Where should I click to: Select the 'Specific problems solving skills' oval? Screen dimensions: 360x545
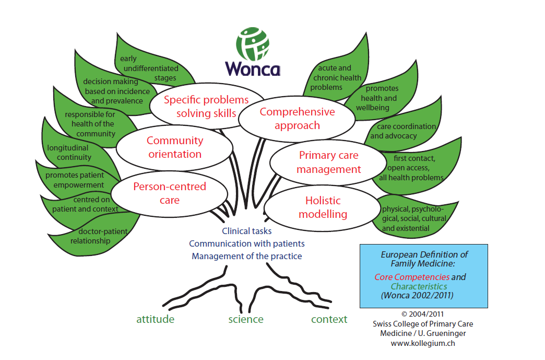coord(206,107)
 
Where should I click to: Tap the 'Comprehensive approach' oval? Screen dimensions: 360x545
coord(297,119)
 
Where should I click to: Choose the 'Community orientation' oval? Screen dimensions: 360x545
coord(174,147)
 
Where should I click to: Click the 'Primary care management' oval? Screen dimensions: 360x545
coord(329,162)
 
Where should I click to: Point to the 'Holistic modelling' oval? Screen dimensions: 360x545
coord(323,207)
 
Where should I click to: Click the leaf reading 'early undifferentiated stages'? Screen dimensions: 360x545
coord(149,68)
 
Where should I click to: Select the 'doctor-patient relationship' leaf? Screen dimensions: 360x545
coord(94,236)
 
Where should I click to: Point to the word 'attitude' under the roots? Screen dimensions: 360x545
coord(155,319)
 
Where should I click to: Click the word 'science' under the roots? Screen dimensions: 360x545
coord(245,319)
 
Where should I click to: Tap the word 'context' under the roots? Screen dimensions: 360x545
coord(329,319)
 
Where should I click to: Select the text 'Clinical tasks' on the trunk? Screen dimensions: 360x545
coord(246,230)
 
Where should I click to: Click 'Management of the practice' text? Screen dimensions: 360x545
coord(246,256)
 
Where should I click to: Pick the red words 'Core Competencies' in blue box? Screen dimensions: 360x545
coord(412,277)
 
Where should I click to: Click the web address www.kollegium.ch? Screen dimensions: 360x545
coord(422,343)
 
